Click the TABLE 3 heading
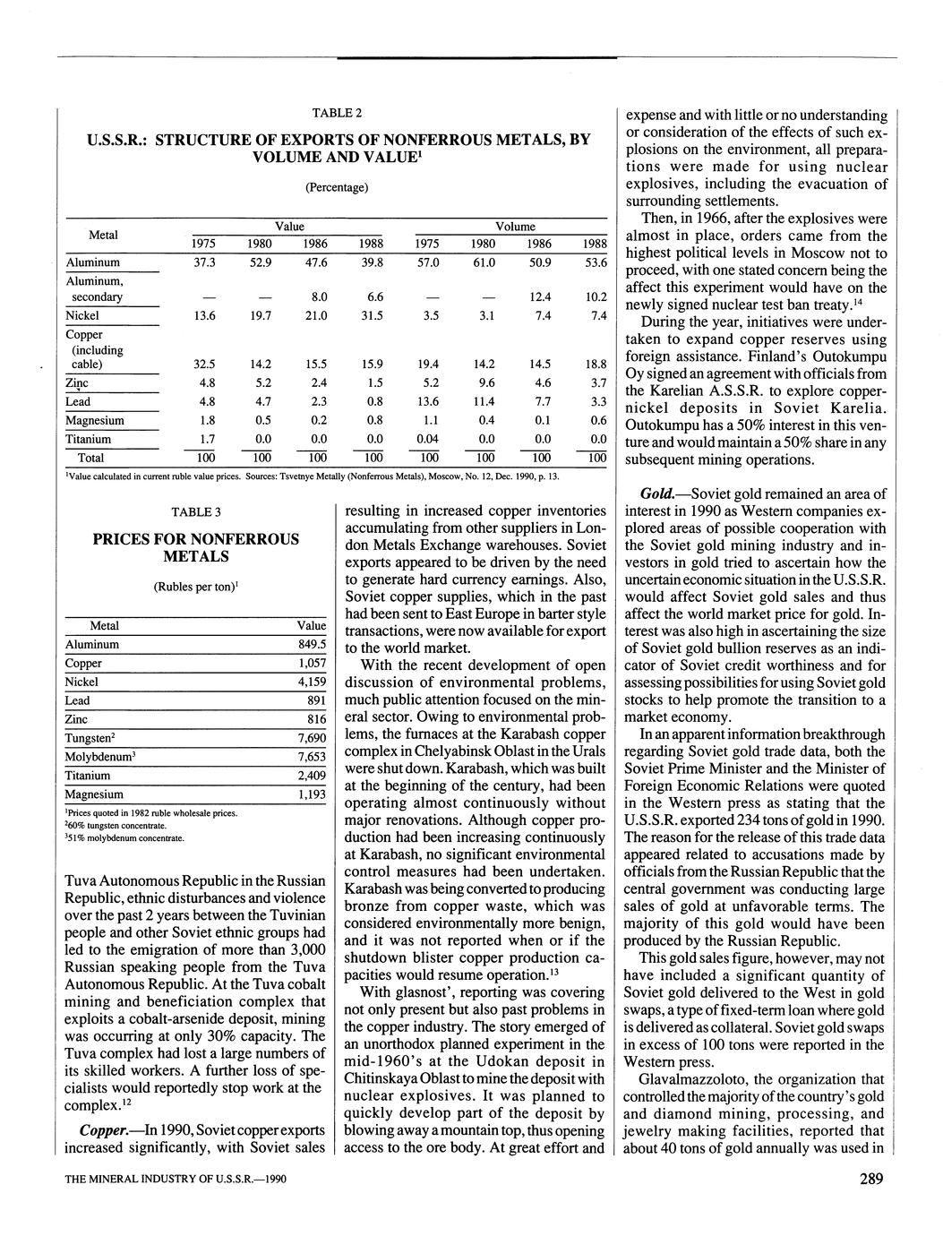(196, 511)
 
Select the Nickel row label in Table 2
(82, 315)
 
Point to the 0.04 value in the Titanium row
(426, 439)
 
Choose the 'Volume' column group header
(515, 227)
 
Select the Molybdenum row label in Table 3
(100, 757)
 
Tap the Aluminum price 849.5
(312, 644)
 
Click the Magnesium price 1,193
(311, 794)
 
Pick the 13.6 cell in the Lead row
(428, 401)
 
